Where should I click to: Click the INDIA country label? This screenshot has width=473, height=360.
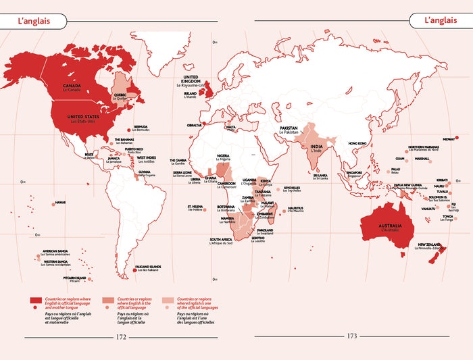coord(315,147)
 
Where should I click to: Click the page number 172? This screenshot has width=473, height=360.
coord(122,336)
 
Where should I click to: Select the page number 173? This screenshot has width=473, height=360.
coord(351,336)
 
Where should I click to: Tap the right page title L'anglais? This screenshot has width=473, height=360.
coord(440,20)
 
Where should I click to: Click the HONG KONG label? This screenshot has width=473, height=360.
coord(357,143)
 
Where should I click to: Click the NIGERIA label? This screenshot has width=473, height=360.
coord(224,157)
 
